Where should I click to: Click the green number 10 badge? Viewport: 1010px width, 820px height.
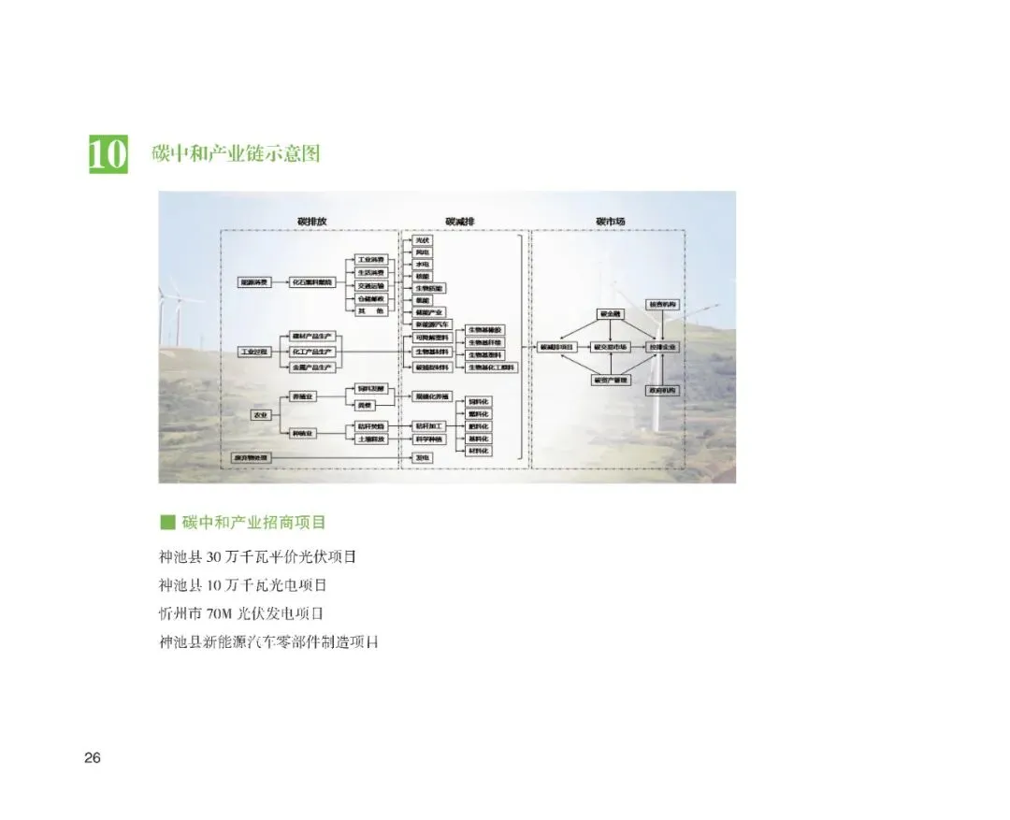pos(108,154)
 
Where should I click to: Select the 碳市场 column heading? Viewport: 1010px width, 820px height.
pos(610,222)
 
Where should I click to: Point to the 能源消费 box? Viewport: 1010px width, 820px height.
pos(254,281)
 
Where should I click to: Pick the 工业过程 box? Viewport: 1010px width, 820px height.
pos(254,352)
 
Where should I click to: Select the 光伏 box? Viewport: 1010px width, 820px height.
pos(424,240)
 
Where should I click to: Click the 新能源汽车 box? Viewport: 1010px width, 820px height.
pos(431,324)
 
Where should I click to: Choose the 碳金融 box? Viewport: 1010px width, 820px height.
pos(611,314)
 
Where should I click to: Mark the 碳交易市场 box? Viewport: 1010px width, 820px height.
pos(612,347)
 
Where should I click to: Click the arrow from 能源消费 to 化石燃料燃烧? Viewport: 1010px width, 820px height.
pos(278,281)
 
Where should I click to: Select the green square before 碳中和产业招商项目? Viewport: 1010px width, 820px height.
pos(167,521)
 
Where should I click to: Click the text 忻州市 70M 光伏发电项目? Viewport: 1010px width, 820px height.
pos(241,614)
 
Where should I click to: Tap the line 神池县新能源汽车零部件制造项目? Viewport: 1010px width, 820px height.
pos(269,642)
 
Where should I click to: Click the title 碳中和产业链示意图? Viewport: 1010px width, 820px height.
pos(236,152)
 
